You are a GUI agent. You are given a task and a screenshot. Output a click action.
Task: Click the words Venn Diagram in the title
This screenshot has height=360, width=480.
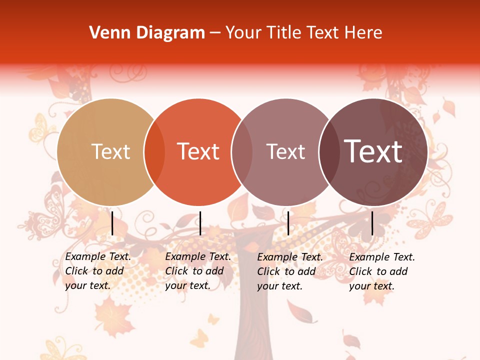[147, 33]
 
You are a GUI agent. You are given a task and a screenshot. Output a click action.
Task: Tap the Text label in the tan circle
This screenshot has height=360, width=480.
[110, 151]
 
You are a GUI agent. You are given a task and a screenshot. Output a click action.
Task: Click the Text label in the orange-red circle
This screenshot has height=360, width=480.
[198, 151]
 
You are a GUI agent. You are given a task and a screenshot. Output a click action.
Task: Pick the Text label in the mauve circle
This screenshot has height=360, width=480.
[285, 151]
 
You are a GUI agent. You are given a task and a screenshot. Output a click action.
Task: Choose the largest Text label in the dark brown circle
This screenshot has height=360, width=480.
[373, 151]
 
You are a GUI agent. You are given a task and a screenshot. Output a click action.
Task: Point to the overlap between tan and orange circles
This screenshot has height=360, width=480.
[154, 152]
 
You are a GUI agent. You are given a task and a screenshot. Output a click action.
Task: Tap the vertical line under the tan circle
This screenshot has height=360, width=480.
[112, 223]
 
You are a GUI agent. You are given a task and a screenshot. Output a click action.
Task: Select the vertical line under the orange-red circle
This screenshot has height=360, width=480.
[200, 223]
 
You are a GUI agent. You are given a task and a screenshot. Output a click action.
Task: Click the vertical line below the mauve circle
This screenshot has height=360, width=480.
[288, 223]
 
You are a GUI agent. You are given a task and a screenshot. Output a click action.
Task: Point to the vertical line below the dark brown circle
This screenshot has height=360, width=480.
[372, 223]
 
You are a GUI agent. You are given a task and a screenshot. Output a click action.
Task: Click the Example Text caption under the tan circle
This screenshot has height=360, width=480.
[98, 271]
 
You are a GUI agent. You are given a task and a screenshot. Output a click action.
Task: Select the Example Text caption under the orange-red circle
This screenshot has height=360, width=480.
[198, 271]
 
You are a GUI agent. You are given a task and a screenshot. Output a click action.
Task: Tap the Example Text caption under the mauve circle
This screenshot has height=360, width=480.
[290, 271]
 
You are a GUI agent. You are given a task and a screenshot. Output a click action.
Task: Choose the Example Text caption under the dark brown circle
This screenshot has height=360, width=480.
[382, 271]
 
